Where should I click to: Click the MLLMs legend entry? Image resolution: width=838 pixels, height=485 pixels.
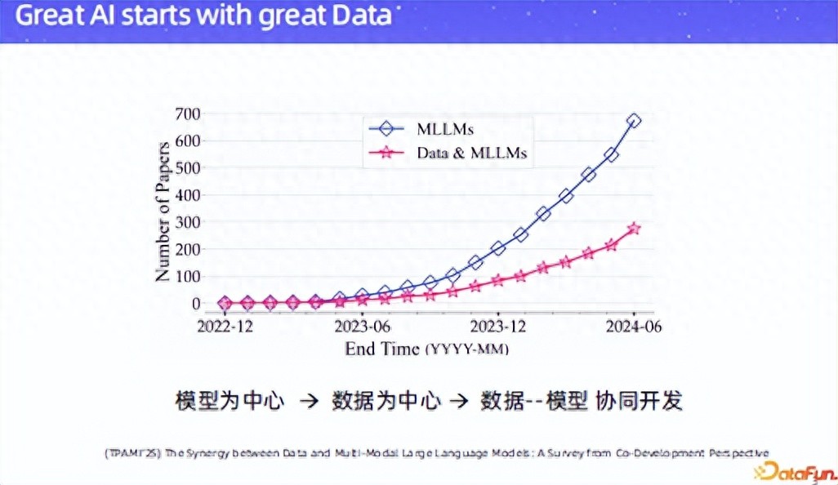(445, 129)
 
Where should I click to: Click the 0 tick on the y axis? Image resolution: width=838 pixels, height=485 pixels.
(197, 304)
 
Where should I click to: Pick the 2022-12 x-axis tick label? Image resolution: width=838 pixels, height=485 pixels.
(225, 327)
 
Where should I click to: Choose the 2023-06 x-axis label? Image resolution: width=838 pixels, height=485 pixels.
(362, 327)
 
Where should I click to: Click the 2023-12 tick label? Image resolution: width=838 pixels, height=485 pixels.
(497, 327)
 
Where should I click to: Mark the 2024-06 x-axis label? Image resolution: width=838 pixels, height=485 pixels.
(634, 327)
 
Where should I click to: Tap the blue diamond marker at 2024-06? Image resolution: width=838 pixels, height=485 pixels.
(634, 121)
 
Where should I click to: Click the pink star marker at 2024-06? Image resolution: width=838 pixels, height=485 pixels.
(634, 229)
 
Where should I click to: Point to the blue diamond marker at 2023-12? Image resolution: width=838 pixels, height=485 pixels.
(497, 248)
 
